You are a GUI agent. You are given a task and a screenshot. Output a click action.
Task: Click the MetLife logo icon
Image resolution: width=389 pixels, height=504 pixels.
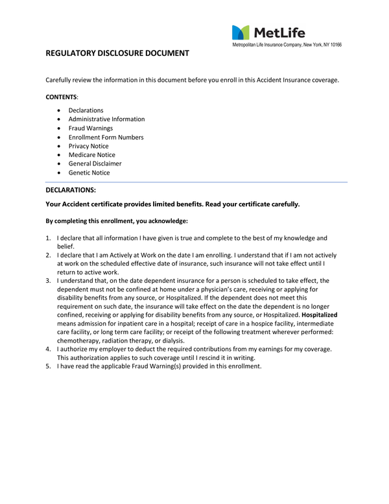pyautogui.click(x=240, y=32)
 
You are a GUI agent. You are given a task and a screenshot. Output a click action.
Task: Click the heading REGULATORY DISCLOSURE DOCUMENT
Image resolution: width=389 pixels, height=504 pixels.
pyautogui.click(x=117, y=53)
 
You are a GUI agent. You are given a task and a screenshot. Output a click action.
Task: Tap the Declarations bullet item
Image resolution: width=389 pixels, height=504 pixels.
pyautogui.click(x=86, y=110)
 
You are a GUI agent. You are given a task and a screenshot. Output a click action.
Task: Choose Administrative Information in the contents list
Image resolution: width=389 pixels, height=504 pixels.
pyautogui.click(x=106, y=119)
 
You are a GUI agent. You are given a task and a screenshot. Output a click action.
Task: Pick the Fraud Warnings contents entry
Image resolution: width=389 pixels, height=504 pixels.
pyautogui.click(x=90, y=128)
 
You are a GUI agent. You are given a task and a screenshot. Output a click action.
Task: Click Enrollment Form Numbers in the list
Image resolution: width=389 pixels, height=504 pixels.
pyautogui.click(x=106, y=138)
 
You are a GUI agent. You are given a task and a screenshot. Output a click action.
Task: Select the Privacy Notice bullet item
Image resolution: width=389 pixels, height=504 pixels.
pyautogui.click(x=88, y=147)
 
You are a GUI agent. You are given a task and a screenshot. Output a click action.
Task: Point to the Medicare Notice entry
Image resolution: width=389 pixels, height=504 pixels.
pyautogui.click(x=91, y=155)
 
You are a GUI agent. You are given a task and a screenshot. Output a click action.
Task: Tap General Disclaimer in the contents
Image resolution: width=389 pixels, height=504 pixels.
pyautogui.click(x=95, y=164)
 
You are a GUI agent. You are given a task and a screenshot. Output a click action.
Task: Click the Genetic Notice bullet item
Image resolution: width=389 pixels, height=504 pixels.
pyautogui.click(x=89, y=173)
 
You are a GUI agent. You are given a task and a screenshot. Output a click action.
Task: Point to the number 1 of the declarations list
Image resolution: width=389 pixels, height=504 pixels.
pyautogui.click(x=49, y=238)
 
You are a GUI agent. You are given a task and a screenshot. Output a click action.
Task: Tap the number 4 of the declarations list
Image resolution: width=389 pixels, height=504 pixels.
pyautogui.click(x=49, y=349)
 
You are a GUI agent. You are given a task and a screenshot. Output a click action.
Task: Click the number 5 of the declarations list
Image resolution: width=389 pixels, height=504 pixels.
pyautogui.click(x=49, y=366)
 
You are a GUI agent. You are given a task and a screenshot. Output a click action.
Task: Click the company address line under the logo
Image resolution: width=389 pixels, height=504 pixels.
pyautogui.click(x=287, y=45)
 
